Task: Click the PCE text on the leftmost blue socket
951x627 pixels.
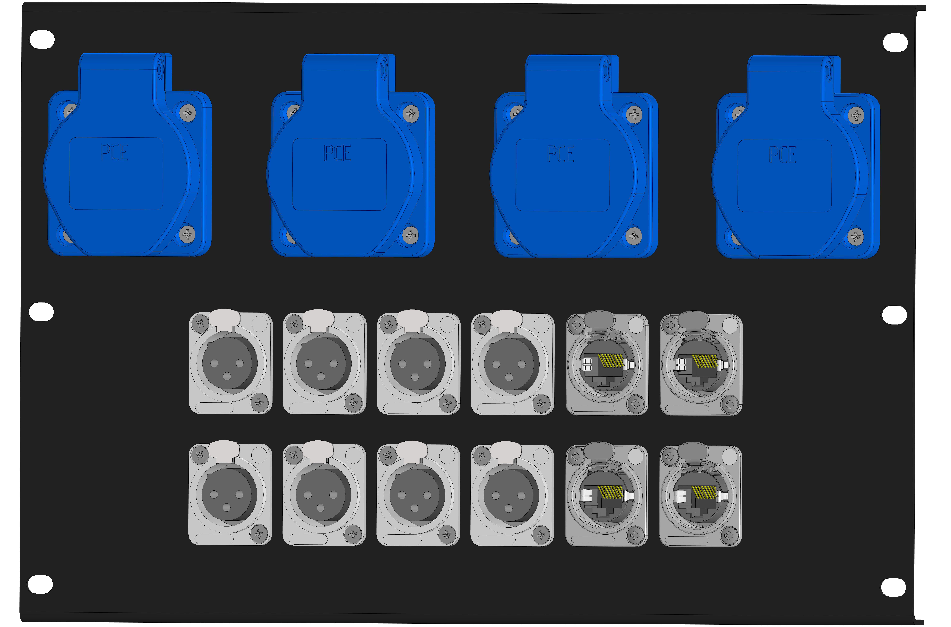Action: pyautogui.click(x=114, y=152)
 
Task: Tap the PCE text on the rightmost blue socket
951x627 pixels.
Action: pyautogui.click(x=783, y=155)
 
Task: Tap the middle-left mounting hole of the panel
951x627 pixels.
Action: pyautogui.click(x=41, y=311)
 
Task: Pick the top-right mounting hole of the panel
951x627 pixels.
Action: pyautogui.click(x=895, y=42)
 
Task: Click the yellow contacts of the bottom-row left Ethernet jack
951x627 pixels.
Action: pyautogui.click(x=610, y=492)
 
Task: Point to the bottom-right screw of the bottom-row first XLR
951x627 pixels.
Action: pyautogui.click(x=259, y=533)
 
